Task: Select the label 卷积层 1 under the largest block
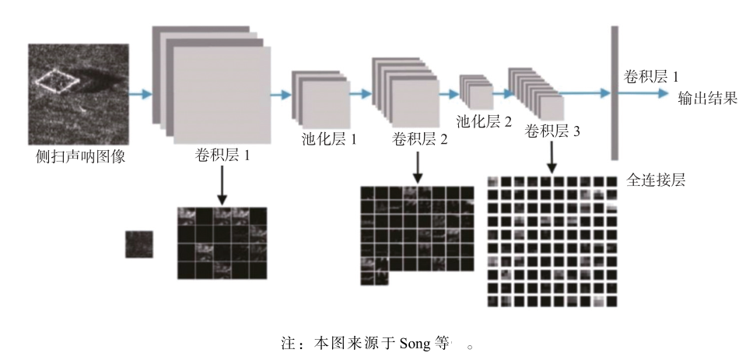coord(222,155)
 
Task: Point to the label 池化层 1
coord(329,140)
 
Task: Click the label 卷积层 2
coord(420,140)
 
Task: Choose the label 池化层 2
coord(484,121)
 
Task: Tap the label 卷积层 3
coord(553,131)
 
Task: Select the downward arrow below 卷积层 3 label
coord(552,156)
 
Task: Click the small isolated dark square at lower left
coord(139,244)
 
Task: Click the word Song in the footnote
coord(413,342)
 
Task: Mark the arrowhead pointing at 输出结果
coord(662,94)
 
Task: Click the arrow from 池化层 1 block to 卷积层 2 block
coord(359,94)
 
